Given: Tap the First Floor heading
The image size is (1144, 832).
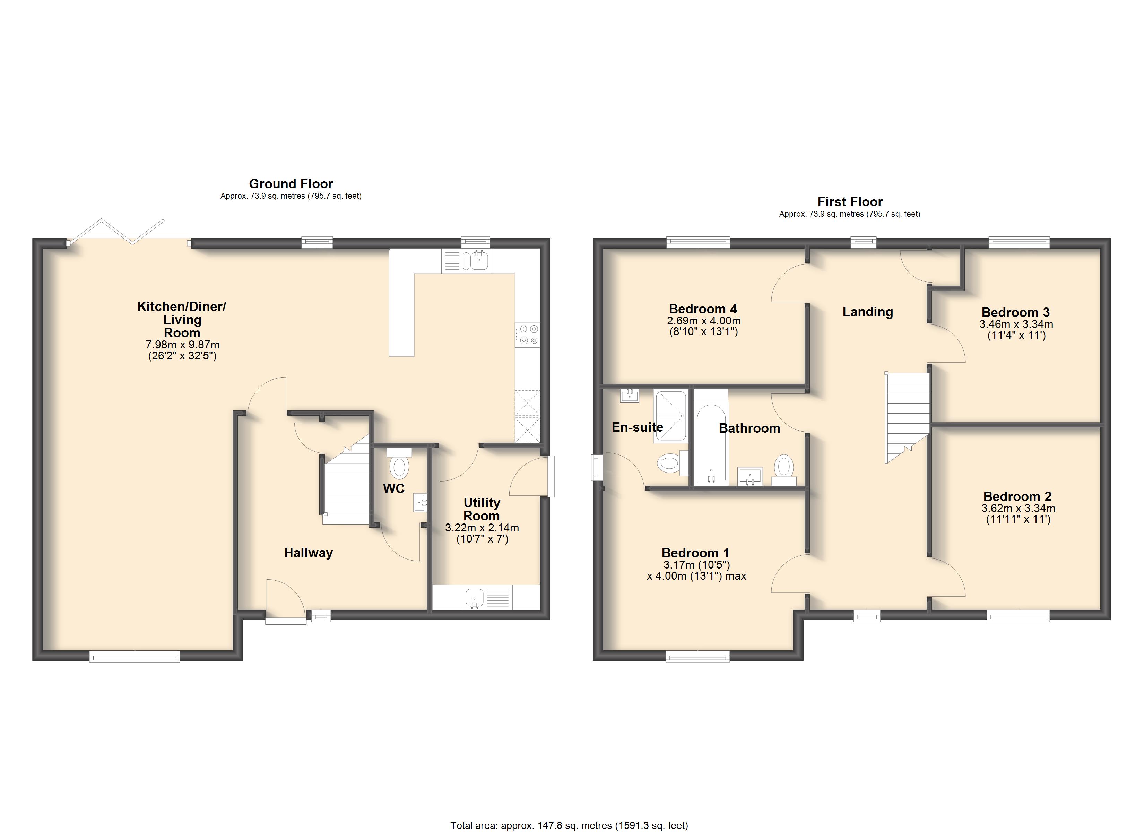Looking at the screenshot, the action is (850, 202).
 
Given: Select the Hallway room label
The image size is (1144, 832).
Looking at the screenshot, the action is (308, 553).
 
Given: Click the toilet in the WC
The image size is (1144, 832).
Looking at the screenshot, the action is (399, 464).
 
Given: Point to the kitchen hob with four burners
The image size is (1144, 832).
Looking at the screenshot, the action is (528, 335).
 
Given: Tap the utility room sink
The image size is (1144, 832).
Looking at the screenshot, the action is (475, 597).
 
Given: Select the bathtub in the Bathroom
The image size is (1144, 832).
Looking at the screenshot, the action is (711, 441).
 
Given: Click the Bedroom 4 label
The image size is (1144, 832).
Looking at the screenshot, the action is (703, 309).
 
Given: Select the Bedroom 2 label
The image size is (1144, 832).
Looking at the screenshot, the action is (1017, 496).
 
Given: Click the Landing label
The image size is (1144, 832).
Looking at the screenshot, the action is (868, 312).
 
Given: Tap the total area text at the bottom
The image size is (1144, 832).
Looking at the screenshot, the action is (569, 825).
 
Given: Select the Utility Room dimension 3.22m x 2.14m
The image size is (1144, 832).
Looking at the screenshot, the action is (482, 528).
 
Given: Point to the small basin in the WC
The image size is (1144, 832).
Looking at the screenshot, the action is (420, 503).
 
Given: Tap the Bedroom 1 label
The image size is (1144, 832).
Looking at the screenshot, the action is (695, 553).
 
